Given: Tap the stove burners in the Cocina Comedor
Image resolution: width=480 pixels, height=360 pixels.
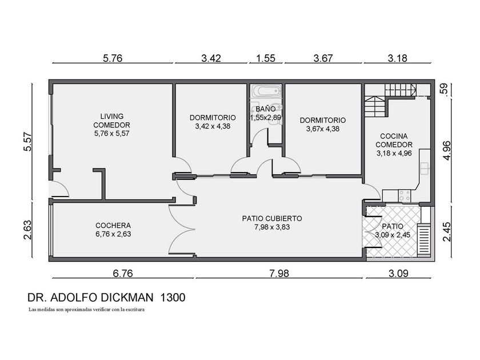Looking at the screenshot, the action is [405, 196].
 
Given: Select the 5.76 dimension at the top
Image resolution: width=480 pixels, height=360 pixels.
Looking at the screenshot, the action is [113, 58].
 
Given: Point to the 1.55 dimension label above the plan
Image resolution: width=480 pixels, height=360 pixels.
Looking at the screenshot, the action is [266, 58].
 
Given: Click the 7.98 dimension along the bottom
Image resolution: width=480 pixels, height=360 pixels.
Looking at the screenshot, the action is [279, 273].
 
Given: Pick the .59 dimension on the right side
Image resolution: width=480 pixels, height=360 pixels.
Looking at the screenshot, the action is [445, 89].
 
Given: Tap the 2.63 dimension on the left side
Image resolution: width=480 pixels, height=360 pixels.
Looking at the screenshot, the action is [27, 230].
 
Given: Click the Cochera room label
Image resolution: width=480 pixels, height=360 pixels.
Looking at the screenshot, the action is [113, 230].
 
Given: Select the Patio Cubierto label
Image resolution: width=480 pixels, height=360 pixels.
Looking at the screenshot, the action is [272, 223].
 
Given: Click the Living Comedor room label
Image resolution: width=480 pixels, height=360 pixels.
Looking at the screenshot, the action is [112, 125].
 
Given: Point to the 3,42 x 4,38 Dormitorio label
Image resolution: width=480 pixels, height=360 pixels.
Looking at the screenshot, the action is [213, 122].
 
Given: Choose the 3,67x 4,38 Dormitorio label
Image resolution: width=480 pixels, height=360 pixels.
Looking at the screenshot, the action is [323, 125].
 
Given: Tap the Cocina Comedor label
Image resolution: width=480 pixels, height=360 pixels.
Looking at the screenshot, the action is [394, 145].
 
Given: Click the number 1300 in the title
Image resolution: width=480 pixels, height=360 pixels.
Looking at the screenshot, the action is [173, 298].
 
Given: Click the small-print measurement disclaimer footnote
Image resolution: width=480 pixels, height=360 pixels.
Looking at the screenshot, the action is [86, 310].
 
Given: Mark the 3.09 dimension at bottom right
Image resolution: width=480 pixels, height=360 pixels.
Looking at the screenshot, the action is [398, 273].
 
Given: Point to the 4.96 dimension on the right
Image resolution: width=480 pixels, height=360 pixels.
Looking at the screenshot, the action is [447, 150].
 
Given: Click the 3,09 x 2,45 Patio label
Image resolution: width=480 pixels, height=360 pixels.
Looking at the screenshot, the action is [393, 231].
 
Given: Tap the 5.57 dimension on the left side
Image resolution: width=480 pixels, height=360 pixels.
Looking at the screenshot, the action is [27, 142].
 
